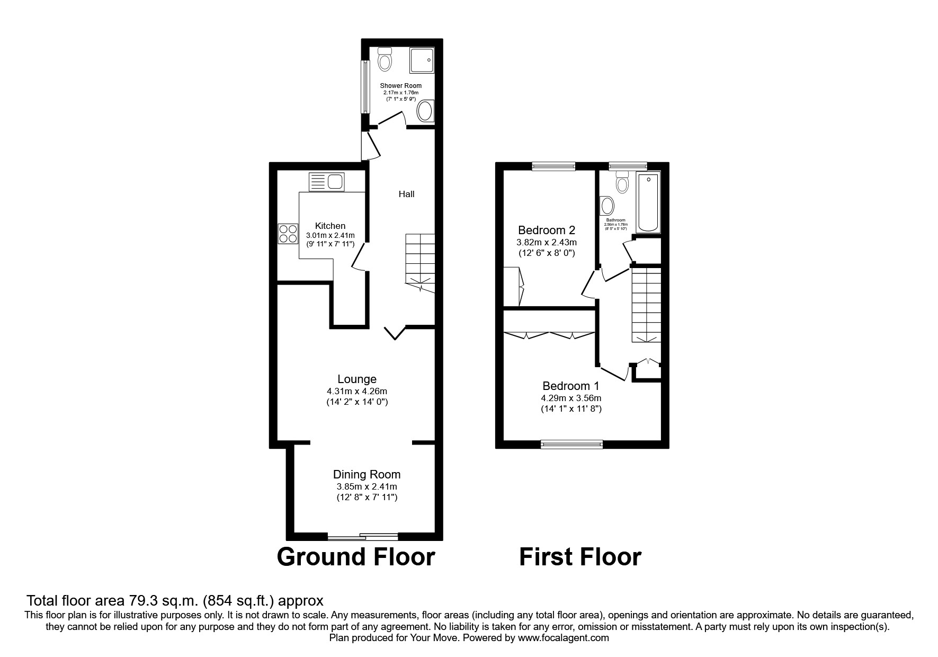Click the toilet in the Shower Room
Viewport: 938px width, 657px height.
click(x=385, y=59)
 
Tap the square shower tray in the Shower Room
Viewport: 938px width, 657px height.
click(x=422, y=60)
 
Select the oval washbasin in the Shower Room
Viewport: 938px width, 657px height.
click(x=425, y=112)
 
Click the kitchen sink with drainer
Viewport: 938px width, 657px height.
click(x=327, y=182)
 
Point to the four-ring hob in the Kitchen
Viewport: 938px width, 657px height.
click(x=288, y=233)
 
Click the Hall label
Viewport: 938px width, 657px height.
click(x=406, y=194)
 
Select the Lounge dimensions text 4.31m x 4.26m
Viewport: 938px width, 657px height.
click(x=356, y=391)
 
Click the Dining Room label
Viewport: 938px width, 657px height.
click(x=367, y=474)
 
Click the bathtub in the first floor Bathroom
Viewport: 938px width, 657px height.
click(x=648, y=202)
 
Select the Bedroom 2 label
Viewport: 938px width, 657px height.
click(x=546, y=230)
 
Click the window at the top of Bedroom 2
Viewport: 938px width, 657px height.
click(x=553, y=166)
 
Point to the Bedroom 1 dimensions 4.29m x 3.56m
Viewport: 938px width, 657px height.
click(x=570, y=398)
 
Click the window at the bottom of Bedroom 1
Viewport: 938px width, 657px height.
click(x=571, y=444)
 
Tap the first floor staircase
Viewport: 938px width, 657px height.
click(x=646, y=305)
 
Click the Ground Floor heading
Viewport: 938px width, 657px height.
click(x=355, y=557)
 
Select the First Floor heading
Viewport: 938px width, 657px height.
click(x=580, y=557)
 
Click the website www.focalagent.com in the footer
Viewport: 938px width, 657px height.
click(x=563, y=638)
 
